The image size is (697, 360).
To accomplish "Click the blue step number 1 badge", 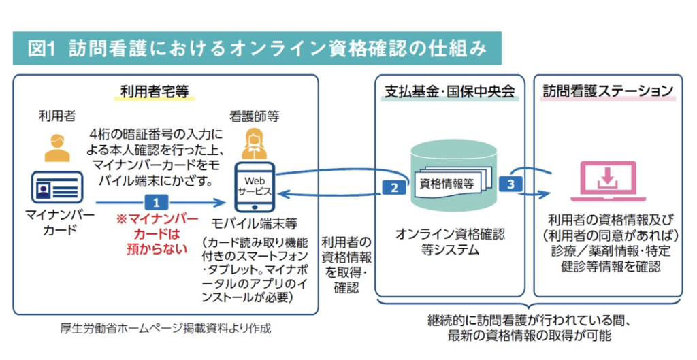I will [156, 202].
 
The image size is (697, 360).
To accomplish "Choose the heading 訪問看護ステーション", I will [608, 91].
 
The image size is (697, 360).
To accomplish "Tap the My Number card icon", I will [56, 187].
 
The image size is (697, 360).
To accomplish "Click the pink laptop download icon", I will [607, 180].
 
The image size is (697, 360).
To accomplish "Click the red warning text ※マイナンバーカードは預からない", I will [157, 233].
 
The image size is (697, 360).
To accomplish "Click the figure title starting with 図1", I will [257, 48].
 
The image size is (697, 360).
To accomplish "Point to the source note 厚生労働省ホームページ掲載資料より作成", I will [165, 329].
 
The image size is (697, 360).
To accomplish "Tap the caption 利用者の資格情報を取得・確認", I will [346, 265].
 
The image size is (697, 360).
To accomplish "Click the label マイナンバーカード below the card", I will [56, 223].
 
